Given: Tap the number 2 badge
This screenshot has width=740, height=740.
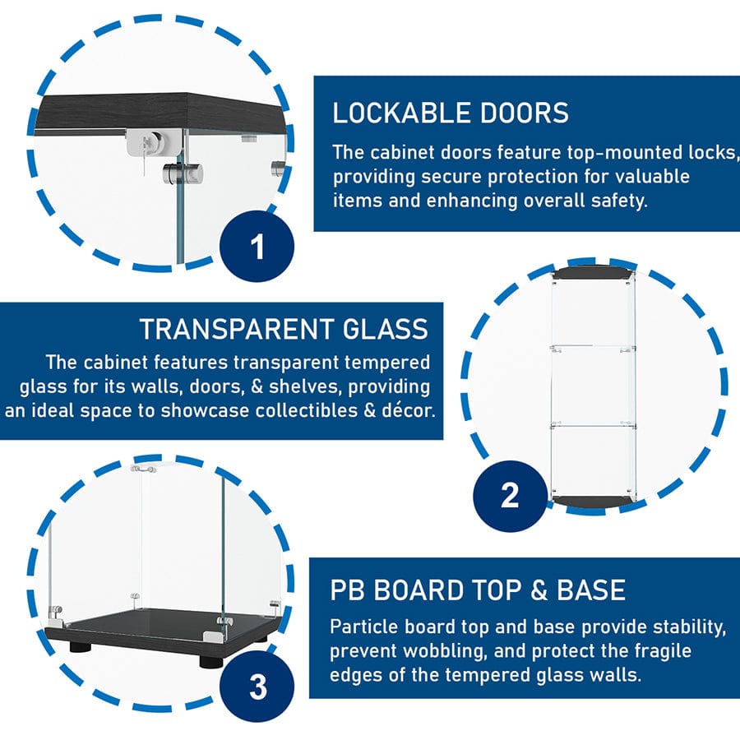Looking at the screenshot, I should point(510,496).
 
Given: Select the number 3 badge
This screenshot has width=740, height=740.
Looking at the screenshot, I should point(257,687).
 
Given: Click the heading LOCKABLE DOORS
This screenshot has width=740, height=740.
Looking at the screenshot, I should point(450,113).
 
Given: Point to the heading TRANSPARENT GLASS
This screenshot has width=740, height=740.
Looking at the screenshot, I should point(284,329).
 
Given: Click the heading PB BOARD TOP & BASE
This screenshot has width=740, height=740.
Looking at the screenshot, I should point(478,590).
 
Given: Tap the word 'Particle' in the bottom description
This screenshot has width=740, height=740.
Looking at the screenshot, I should point(362,627).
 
